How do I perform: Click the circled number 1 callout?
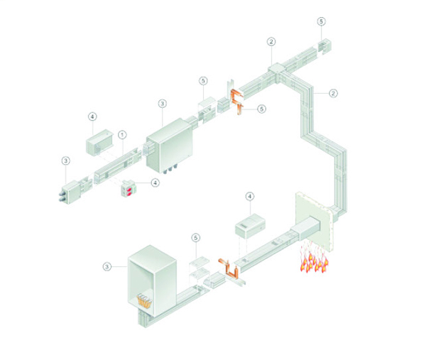coord(122,135)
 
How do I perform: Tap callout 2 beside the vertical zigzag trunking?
coord(334,93)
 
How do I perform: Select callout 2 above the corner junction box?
coord(271,42)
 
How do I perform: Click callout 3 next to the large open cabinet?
coord(107,266)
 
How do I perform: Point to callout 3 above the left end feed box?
coord(66,160)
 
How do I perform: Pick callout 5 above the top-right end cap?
coord(322,21)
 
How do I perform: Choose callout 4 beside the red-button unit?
coord(155,182)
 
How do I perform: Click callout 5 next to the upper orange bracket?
coord(261,109)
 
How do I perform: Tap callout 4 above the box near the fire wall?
coord(250,197)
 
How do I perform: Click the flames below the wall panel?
coord(314,258)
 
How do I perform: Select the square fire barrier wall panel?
coord(314,222)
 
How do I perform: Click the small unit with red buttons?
coord(129,188)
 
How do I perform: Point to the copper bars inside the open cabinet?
coord(145,301)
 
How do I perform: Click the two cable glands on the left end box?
coord(62,196)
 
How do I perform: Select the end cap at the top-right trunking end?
coord(325,45)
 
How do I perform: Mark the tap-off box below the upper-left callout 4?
coord(99,143)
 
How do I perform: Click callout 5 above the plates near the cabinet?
coord(196,238)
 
